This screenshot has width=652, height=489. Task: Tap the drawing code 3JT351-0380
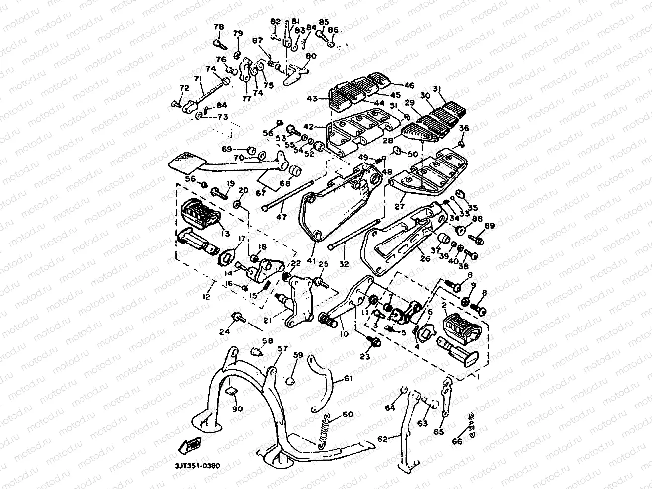[197, 466]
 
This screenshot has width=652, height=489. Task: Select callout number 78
[219, 27]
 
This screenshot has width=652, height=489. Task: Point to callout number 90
[237, 409]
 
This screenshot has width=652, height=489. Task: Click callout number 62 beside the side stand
[382, 439]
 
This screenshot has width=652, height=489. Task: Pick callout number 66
[456, 441]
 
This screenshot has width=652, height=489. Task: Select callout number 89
[490, 226]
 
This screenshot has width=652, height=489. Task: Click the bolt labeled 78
[219, 43]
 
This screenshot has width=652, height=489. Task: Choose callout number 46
[409, 85]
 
